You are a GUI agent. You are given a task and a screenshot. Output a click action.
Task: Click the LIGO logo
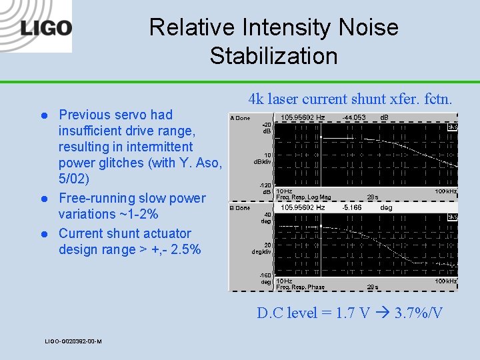click(x=46, y=28)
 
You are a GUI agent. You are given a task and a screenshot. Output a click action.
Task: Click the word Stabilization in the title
click(x=273, y=55)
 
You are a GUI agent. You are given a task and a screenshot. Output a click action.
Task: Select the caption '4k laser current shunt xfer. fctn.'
click(x=350, y=100)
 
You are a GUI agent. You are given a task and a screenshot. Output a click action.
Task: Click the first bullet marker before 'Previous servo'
click(x=43, y=115)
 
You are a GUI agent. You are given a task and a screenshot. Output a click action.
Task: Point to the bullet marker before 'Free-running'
click(x=43, y=199)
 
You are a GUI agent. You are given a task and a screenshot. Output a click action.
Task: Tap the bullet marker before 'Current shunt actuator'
click(x=43, y=234)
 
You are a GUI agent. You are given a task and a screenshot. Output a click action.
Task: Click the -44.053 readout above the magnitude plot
click(x=354, y=117)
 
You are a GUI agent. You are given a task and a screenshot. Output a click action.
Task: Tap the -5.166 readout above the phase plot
click(x=352, y=207)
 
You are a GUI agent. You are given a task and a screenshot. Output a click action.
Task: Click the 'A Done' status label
click(x=240, y=118)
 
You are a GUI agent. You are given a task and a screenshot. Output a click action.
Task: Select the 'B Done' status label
click(x=240, y=208)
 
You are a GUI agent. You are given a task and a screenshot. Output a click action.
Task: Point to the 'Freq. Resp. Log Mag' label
click(x=303, y=197)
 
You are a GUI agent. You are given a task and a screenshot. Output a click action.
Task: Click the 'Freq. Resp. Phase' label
click(x=300, y=287)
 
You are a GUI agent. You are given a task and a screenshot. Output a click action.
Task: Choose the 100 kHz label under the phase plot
click(x=445, y=281)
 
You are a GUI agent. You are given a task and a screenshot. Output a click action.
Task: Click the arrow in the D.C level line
click(x=383, y=313)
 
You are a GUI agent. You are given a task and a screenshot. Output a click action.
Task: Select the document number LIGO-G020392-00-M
click(x=73, y=341)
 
